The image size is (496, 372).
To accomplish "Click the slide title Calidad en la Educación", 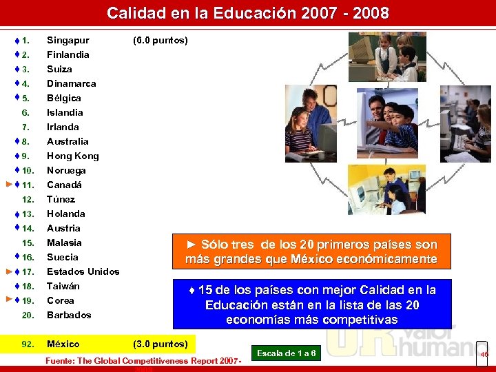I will pyautogui.click(x=247, y=13).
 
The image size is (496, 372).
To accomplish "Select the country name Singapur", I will pyautogui.click(x=68, y=40).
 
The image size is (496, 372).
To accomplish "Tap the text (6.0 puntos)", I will pyautogui.click(x=160, y=40).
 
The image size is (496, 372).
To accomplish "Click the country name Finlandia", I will pyautogui.click(x=68, y=54).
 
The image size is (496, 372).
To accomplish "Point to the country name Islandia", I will pyautogui.click(x=65, y=112).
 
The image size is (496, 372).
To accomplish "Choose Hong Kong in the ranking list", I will pyautogui.click(x=72, y=156).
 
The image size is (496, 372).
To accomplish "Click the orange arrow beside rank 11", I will pyautogui.click(x=8, y=185).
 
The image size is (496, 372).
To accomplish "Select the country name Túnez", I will pyautogui.click(x=61, y=199).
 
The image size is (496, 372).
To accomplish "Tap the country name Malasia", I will pyautogui.click(x=64, y=242).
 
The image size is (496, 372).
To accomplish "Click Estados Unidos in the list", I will pyautogui.click(x=83, y=271).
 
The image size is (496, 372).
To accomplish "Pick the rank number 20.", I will pyautogui.click(x=28, y=315).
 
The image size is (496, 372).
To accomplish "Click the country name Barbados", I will pyautogui.click(x=69, y=315).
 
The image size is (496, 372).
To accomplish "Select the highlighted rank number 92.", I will pyautogui.click(x=28, y=344).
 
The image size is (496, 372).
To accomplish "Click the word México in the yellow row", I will pyautogui.click(x=63, y=344).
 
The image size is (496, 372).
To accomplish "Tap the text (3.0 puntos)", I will pyautogui.click(x=160, y=344).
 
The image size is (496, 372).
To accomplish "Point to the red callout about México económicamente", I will pyautogui.click(x=311, y=251).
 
